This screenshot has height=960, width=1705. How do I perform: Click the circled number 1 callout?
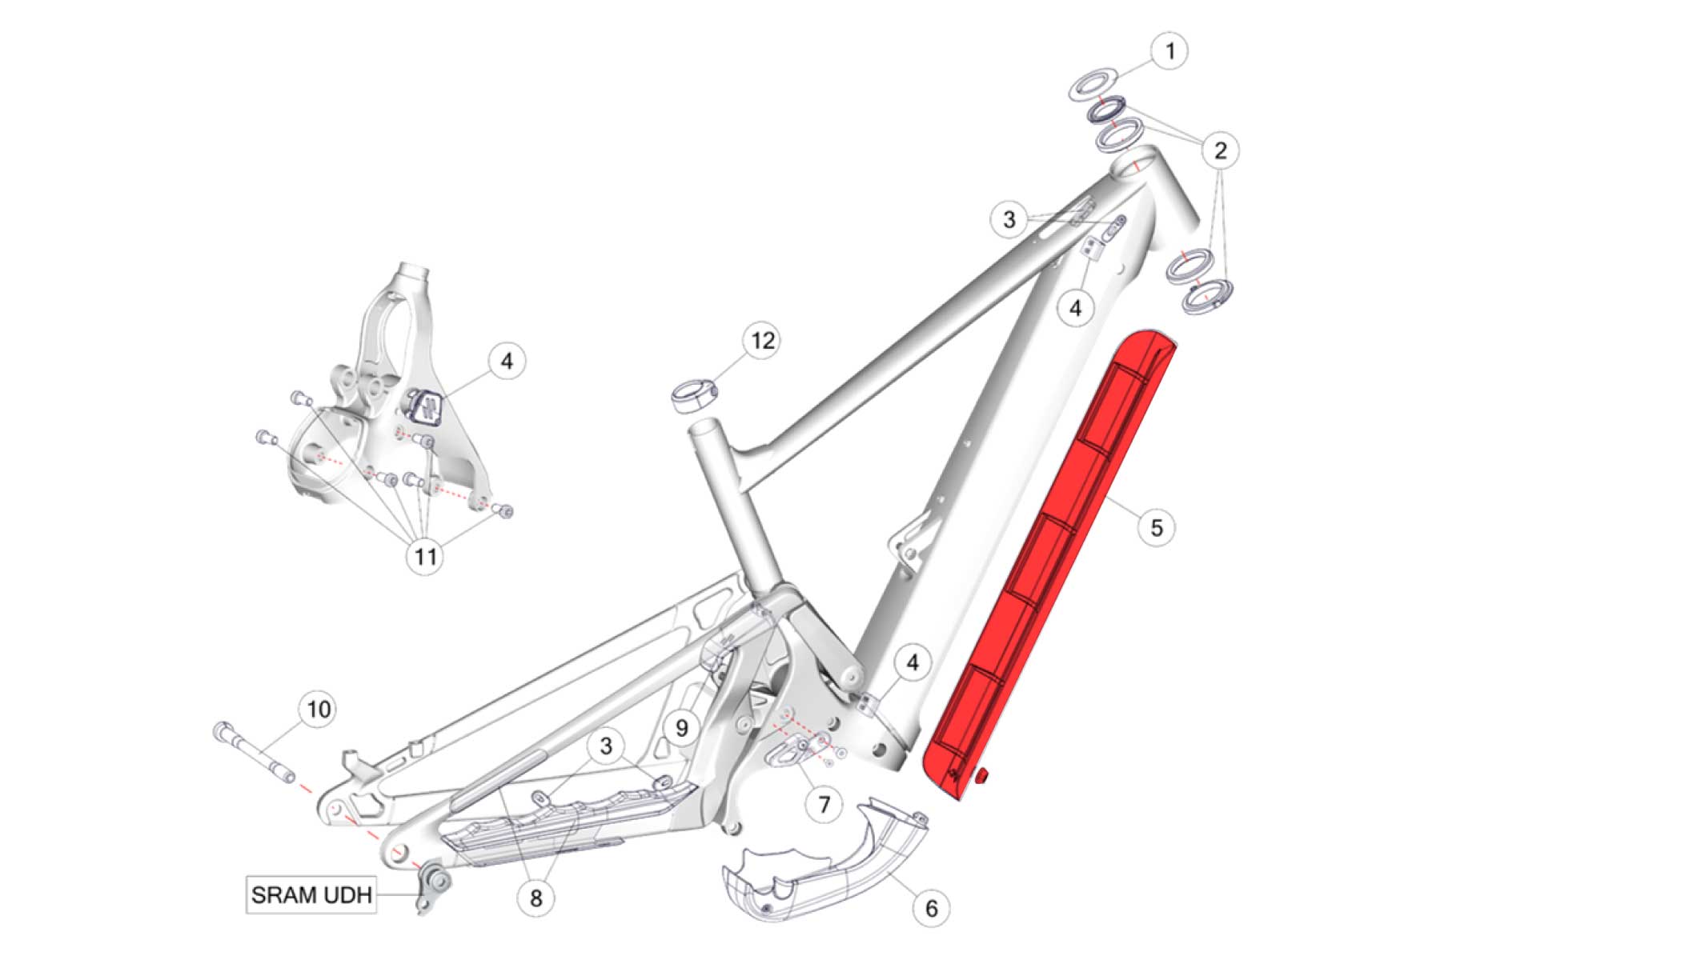point(1169,51)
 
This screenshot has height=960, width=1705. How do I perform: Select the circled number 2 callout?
point(1220,150)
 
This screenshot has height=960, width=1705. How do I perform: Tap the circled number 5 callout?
point(1157,528)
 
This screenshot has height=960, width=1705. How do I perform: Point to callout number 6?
point(931,908)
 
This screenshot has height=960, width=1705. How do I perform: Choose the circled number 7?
point(824,803)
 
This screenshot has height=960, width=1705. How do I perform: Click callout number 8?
point(536,898)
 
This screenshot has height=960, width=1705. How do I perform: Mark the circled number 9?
point(682,728)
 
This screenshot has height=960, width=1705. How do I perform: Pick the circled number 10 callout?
point(319,710)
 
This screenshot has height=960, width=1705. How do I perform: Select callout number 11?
point(425,556)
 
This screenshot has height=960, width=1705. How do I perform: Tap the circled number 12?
point(762,341)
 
